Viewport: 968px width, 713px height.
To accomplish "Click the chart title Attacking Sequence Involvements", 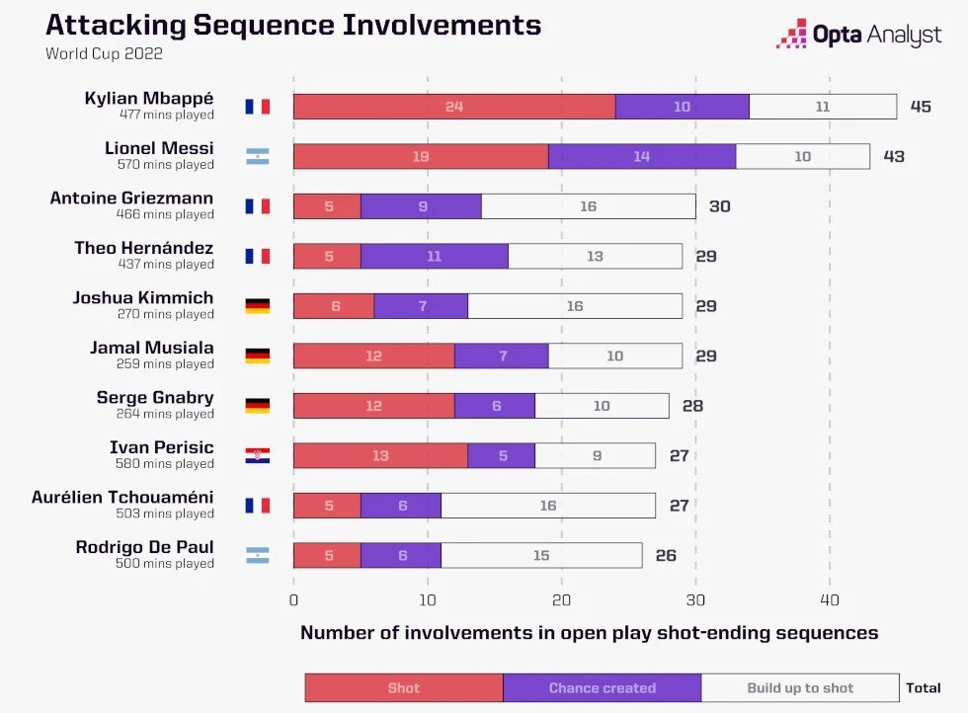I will [x=293, y=25].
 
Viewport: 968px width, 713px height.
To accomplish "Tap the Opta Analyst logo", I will [x=858, y=35].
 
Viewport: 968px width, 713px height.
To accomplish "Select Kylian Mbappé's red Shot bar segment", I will [x=453, y=107].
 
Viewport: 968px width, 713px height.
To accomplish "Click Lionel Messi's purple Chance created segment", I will [x=642, y=156].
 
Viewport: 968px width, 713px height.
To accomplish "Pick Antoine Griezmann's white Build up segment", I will [x=588, y=206].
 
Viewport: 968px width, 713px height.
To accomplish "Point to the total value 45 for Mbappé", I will [x=921, y=107].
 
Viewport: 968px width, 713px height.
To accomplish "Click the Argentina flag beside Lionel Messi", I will [x=257, y=156].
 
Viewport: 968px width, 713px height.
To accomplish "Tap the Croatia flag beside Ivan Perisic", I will [x=257, y=455].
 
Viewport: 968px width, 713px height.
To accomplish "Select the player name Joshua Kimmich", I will [x=143, y=298].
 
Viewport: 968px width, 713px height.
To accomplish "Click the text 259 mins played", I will [x=164, y=363].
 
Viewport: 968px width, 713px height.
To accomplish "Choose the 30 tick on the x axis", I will [x=695, y=600].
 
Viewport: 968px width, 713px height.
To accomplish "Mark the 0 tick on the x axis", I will [x=293, y=600].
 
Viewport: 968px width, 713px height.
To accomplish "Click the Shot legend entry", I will [x=403, y=688].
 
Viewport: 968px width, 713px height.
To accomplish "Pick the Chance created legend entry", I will [x=602, y=688].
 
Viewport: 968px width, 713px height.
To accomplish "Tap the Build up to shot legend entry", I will [x=800, y=688].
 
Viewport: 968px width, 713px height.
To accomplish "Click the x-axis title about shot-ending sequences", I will [x=589, y=633].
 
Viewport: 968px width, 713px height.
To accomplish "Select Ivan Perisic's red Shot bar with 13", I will [x=380, y=455].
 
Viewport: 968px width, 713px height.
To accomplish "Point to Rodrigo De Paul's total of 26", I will [x=666, y=555].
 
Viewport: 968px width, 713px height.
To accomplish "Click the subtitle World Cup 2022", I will [x=104, y=54].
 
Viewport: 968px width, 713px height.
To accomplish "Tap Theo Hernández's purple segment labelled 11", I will [x=435, y=256].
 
